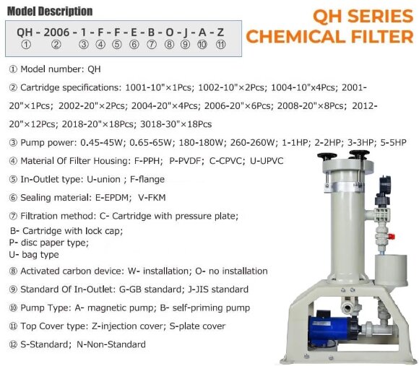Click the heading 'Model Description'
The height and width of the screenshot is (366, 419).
[x=48, y=11]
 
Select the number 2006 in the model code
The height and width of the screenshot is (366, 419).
[x=56, y=32]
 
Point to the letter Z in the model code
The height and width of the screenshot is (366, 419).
[x=220, y=32]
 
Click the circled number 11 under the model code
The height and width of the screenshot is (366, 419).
[x=220, y=45]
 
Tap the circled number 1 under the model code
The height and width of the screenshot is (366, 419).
[x=26, y=45]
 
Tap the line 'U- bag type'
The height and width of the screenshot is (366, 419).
[x=33, y=254]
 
